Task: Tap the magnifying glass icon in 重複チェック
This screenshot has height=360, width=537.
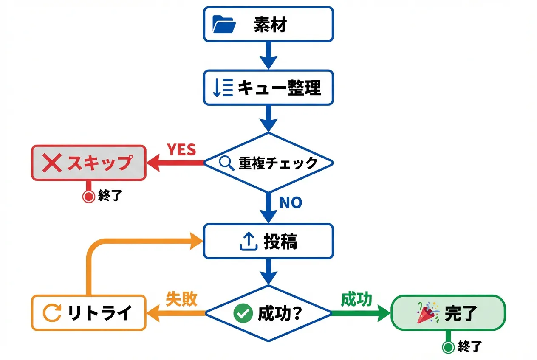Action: pos(226,163)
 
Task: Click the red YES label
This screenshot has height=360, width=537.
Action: pos(181,150)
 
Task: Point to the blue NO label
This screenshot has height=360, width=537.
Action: pos(290,202)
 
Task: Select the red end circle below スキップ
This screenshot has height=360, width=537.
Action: pos(88,197)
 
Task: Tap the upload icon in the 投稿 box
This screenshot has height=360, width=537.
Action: pos(249,242)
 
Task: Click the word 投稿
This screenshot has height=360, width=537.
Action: pos(280,242)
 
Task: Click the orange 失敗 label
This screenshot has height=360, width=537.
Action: pos(181,299)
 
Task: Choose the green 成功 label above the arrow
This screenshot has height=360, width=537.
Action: pos(356,299)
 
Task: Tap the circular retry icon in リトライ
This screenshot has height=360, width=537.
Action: pos(53,313)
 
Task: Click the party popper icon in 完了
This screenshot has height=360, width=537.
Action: pos(427,313)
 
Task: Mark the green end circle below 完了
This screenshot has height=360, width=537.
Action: pos(447,347)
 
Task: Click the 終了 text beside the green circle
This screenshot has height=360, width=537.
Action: pos(469,347)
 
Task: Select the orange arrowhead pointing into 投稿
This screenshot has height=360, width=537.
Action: pos(196,242)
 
